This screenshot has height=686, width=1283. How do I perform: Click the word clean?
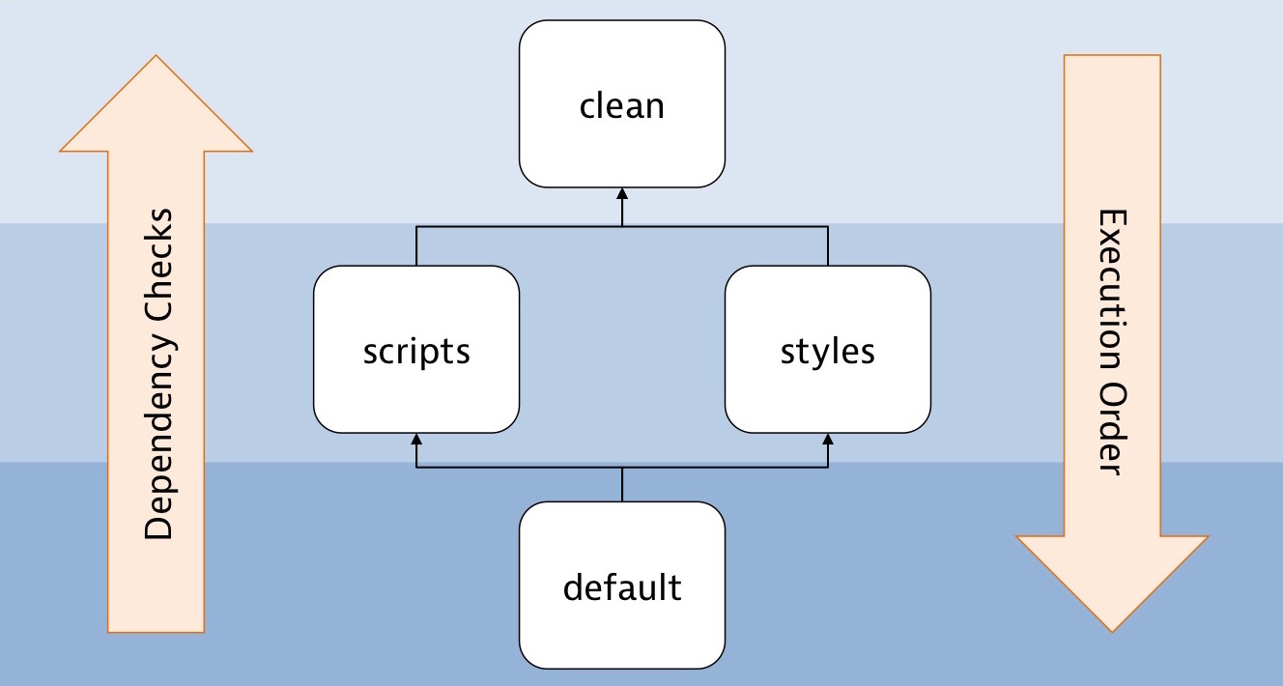(x=622, y=105)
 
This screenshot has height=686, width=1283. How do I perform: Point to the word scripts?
(x=416, y=352)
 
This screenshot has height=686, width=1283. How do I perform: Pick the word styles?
(x=828, y=352)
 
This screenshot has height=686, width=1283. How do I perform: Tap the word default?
(x=622, y=586)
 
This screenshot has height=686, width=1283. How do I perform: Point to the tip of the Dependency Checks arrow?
(x=156, y=58)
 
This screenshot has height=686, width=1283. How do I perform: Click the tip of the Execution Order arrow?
(x=1112, y=630)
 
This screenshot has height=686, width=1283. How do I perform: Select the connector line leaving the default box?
(x=622, y=485)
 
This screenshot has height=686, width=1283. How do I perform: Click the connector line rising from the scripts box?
(x=416, y=246)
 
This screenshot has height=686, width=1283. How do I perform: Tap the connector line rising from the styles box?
(x=828, y=246)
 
